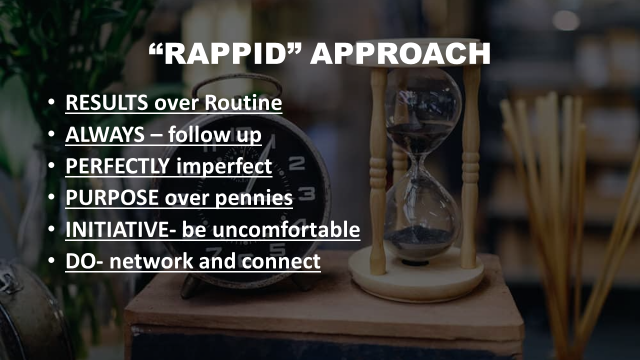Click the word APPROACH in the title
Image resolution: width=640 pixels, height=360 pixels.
(400, 54)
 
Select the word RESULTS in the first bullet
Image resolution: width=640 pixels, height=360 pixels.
(107, 102)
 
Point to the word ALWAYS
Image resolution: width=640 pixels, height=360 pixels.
(105, 134)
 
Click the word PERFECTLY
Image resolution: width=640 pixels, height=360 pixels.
(117, 166)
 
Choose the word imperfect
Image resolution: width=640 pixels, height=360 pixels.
(224, 166)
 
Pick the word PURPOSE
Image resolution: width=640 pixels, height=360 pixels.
(112, 197)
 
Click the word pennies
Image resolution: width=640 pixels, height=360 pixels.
(253, 198)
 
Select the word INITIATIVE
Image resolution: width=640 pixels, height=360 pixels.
(117, 229)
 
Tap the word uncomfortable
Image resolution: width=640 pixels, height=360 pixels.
(286, 229)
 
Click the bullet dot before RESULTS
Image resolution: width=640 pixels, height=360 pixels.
(51, 102)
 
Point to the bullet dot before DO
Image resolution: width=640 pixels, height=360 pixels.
(51, 260)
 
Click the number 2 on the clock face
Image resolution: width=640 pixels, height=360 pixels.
(296, 163)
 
